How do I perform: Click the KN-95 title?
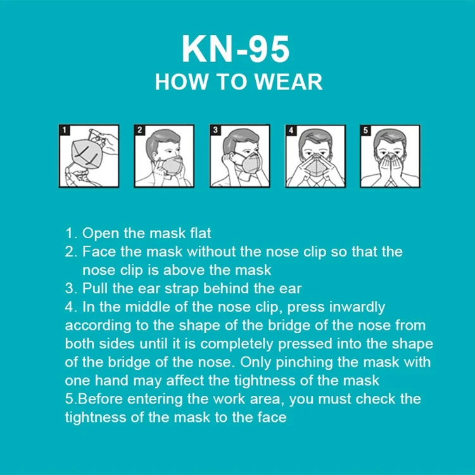point(236,49)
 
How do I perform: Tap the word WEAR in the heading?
point(289,82)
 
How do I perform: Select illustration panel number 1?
point(89,156)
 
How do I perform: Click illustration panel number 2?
point(164,156)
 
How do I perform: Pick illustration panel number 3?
point(239,156)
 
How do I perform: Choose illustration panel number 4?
point(315,156)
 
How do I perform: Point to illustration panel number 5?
point(390,156)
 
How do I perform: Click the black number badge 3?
point(215,130)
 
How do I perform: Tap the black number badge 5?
point(365,130)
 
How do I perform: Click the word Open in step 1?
point(101,234)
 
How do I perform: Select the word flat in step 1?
point(200,233)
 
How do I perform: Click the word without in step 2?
point(211,251)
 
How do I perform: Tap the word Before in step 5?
point(100,399)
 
